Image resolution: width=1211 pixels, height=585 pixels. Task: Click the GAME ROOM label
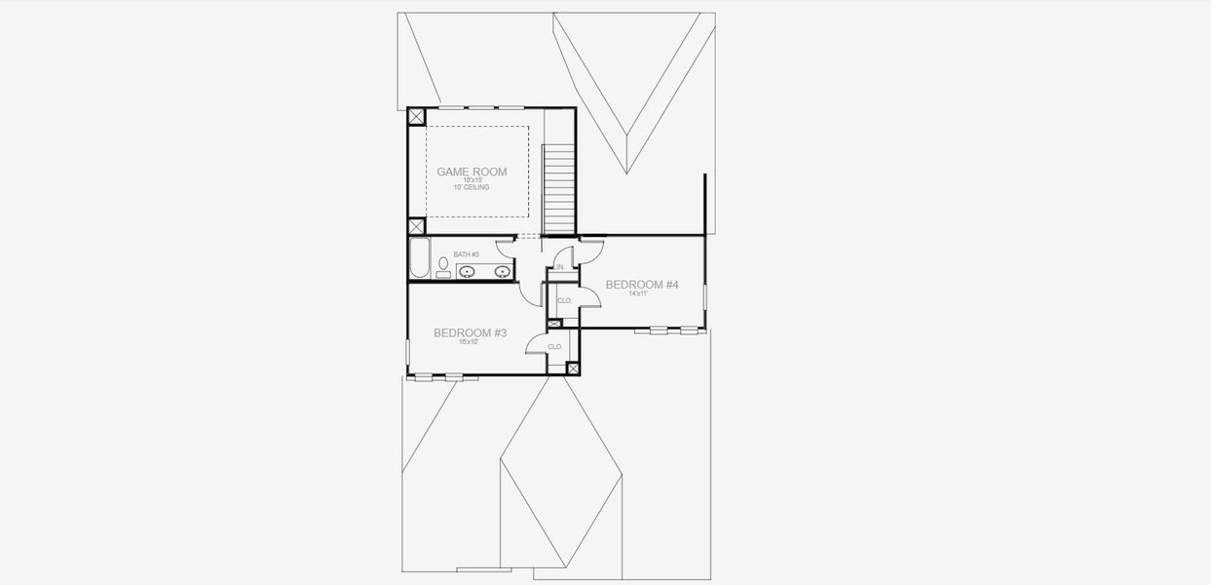(472, 172)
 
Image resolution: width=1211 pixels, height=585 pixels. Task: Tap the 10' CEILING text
(472, 187)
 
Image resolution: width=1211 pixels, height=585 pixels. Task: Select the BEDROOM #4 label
(641, 285)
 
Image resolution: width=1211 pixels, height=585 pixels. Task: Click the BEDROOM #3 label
(470, 332)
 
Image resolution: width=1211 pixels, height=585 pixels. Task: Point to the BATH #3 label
(466, 254)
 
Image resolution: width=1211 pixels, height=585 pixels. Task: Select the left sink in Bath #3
(468, 272)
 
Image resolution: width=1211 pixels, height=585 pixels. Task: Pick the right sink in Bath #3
(503, 272)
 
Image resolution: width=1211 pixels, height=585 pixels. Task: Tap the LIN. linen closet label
(561, 266)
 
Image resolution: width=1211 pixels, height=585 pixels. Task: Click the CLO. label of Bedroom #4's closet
(564, 301)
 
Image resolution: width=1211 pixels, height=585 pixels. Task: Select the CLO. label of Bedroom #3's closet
(555, 347)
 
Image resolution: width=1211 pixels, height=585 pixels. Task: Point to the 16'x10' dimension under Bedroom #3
(470, 342)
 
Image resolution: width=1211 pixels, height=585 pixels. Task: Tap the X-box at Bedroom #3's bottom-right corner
(573, 369)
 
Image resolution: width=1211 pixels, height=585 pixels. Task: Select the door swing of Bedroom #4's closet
(588, 297)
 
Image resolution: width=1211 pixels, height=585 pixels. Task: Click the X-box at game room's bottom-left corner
(416, 226)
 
